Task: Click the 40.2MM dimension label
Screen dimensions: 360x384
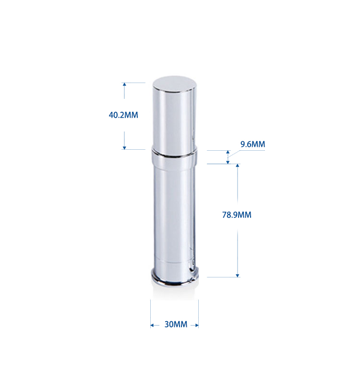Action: pos(123,115)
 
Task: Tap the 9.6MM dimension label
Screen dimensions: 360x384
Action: pos(253,144)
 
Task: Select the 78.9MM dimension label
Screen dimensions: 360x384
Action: pos(237,215)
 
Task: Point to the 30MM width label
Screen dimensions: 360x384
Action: pos(176,324)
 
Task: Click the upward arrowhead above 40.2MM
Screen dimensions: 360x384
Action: pos(124,84)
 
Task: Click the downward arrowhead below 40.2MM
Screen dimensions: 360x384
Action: pos(124,148)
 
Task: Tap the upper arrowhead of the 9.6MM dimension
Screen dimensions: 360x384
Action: pos(228,152)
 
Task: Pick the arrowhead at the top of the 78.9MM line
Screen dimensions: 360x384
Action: pos(237,166)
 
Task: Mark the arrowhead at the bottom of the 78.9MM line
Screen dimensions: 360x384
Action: pos(237,276)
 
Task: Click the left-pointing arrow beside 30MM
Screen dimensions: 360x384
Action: pos(155,325)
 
